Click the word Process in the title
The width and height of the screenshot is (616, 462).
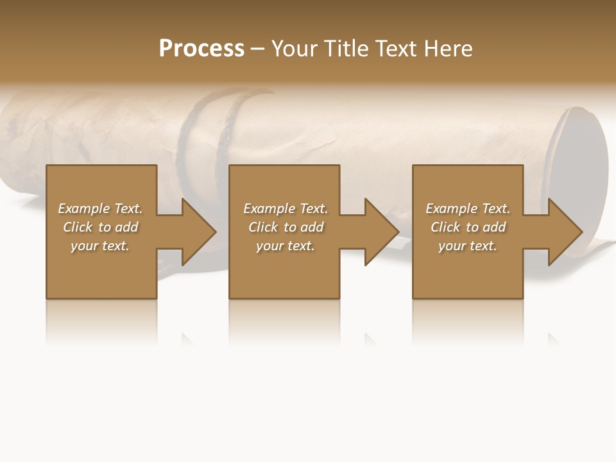point(201,49)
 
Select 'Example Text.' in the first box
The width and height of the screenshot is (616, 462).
point(100,209)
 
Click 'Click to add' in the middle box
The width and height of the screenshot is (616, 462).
point(286,227)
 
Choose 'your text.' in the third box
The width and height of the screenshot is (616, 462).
point(467,246)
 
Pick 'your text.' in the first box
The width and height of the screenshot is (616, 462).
point(100,246)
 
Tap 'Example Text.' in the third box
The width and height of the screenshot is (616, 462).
point(467,209)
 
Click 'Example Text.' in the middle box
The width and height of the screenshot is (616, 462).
point(286,209)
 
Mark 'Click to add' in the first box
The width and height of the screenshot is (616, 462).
point(100,227)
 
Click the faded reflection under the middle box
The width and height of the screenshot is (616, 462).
point(284,321)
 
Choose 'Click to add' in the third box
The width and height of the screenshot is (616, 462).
point(468,227)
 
